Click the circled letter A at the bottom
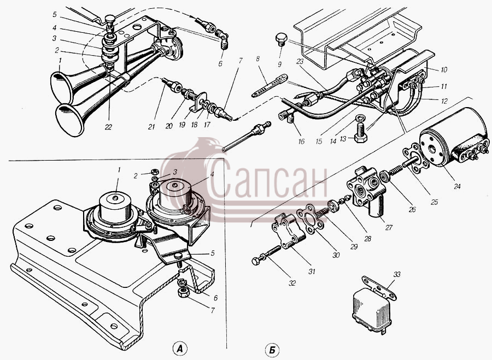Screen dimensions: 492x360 pos(179,349)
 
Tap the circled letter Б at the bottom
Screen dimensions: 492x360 pos(272,350)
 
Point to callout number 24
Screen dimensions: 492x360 pos(457,186)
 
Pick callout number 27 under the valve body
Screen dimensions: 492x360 pos(389,227)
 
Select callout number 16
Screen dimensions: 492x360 pos(301,141)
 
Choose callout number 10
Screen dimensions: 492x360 pos(444,69)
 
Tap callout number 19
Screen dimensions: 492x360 pos(182,125)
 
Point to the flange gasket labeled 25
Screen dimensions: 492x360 pos(416,158)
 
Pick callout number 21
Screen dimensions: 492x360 pos(151,126)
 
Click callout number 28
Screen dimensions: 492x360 pos(367,239)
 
